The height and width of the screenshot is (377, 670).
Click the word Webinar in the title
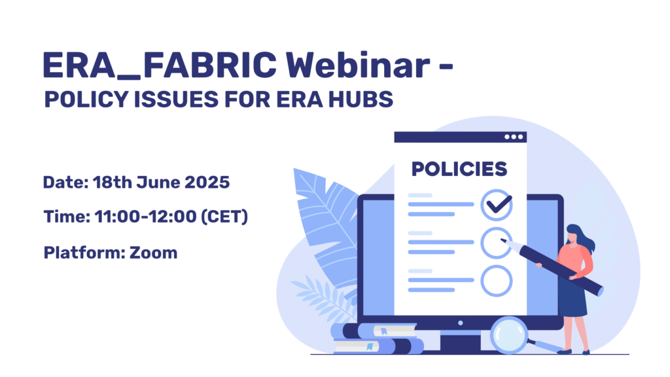(x=358, y=65)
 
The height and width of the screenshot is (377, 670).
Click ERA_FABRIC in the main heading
(x=160, y=65)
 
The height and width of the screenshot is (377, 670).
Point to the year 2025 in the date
(x=207, y=182)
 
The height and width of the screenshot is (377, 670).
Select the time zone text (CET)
(x=224, y=216)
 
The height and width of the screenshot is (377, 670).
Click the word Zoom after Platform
(x=153, y=253)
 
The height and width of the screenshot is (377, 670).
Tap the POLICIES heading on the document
(x=459, y=170)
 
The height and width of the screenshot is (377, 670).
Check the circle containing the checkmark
(x=496, y=205)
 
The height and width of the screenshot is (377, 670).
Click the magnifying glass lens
(x=509, y=334)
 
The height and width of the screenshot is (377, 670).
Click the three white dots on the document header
(x=513, y=137)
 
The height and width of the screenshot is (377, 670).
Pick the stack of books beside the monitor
(x=376, y=338)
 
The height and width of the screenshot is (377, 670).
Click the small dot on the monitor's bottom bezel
(x=460, y=323)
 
